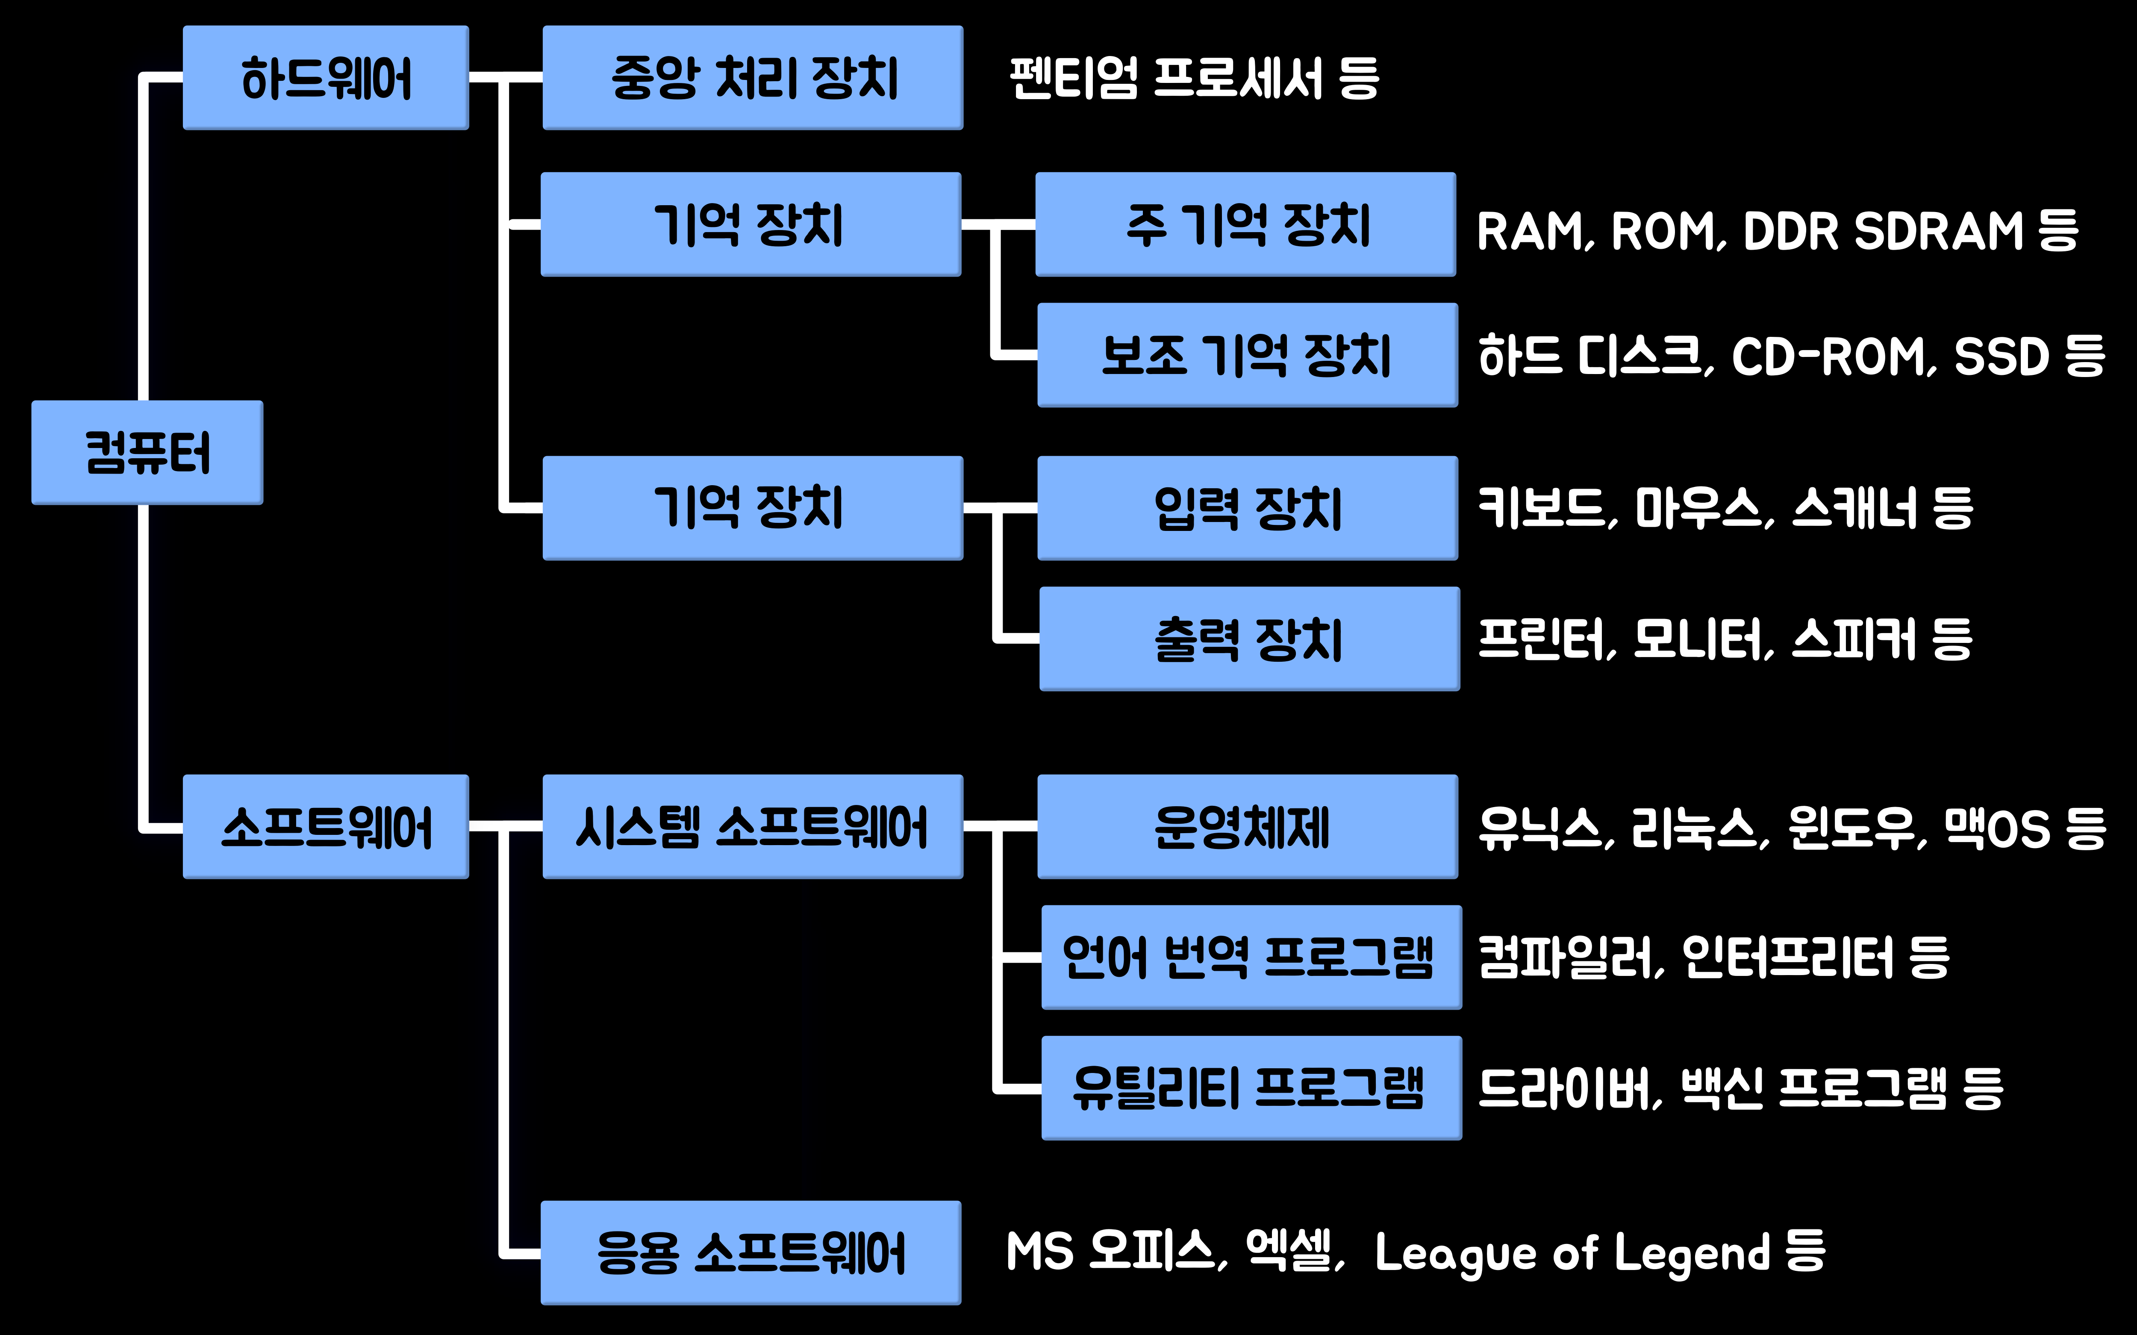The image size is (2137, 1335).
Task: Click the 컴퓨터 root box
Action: (x=147, y=452)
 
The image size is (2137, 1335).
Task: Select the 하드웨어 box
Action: (x=326, y=78)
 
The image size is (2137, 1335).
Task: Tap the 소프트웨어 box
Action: (x=326, y=826)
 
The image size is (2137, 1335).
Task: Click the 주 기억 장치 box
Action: (x=1245, y=224)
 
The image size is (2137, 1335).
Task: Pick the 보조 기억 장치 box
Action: (x=1247, y=355)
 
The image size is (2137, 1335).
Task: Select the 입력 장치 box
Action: (x=1247, y=508)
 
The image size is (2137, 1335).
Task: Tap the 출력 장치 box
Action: (x=1249, y=638)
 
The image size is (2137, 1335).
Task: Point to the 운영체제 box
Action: (x=1247, y=826)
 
